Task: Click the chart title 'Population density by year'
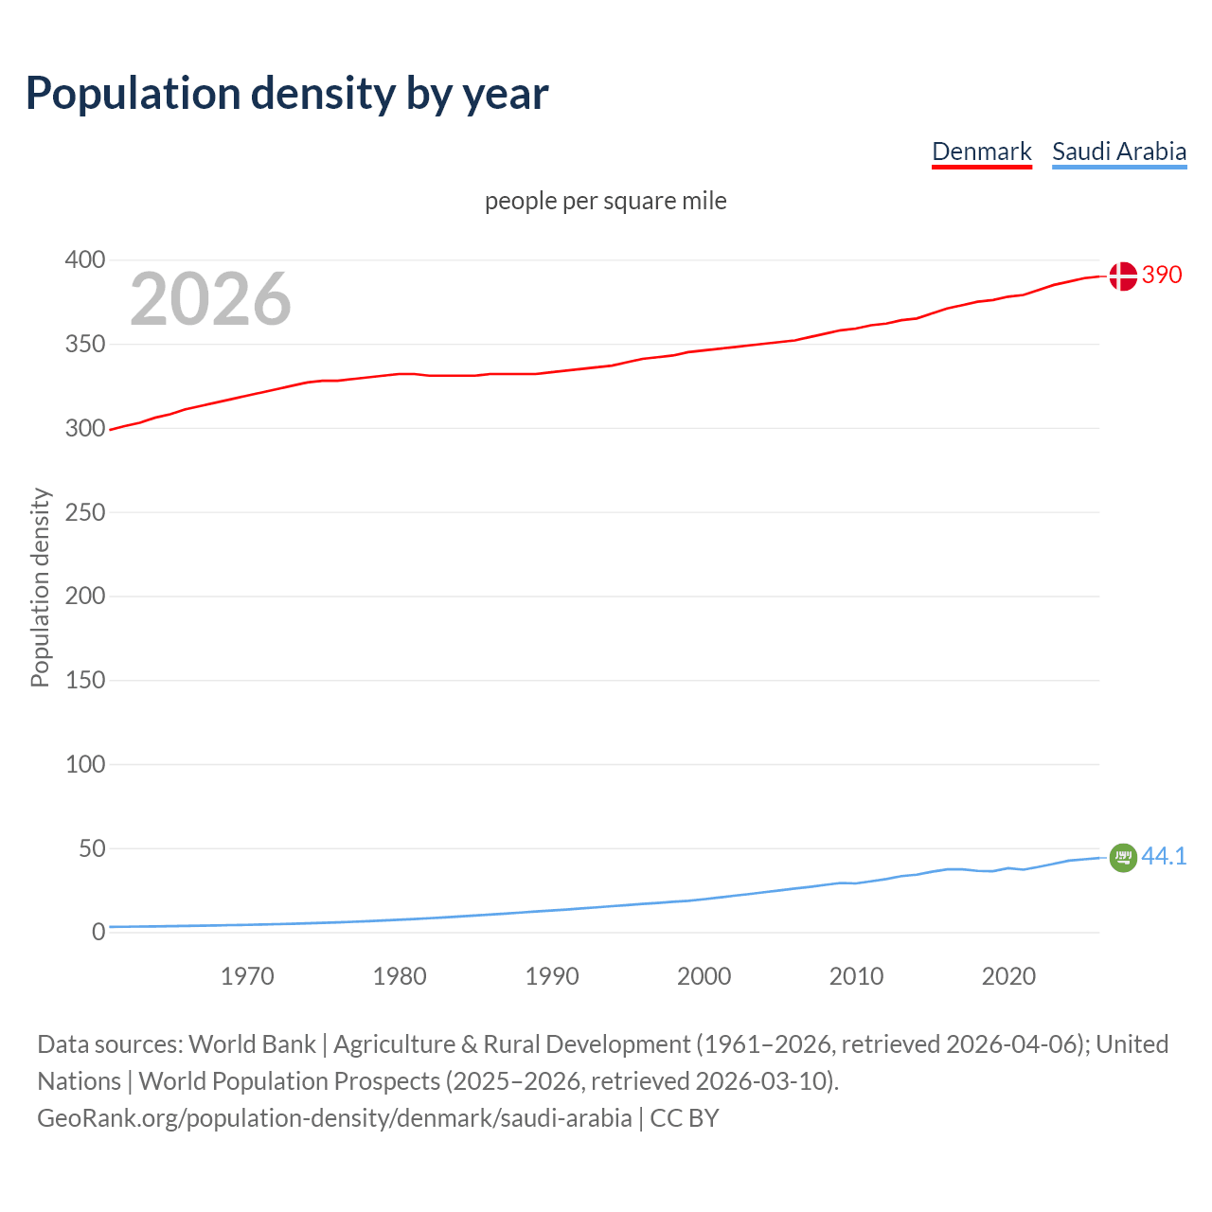287,93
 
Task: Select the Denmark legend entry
981,151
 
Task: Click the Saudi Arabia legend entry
1118,151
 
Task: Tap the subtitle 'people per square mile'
605,201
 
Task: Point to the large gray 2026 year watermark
210,299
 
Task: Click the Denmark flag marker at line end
1122,276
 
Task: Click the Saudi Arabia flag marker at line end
1122,857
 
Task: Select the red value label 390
1162,275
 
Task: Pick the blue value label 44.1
1164,856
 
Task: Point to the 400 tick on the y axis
85,259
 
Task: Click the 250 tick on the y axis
85,512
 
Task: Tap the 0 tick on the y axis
98,932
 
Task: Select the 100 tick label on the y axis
85,764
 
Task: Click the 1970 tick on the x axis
247,976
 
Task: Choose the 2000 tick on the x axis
704,976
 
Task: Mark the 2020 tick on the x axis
1008,976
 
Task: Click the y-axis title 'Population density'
40,587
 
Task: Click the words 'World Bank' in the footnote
252,1044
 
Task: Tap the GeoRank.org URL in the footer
334,1118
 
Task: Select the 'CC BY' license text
685,1118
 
